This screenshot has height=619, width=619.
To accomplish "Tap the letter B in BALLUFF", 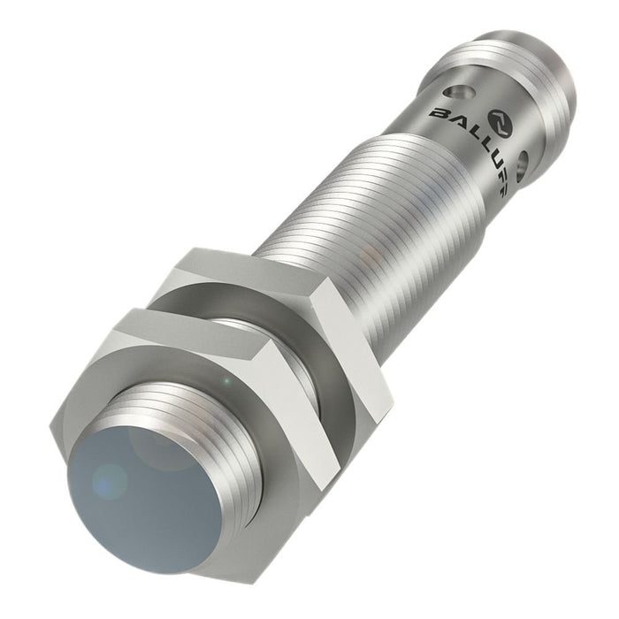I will coord(439,112).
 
